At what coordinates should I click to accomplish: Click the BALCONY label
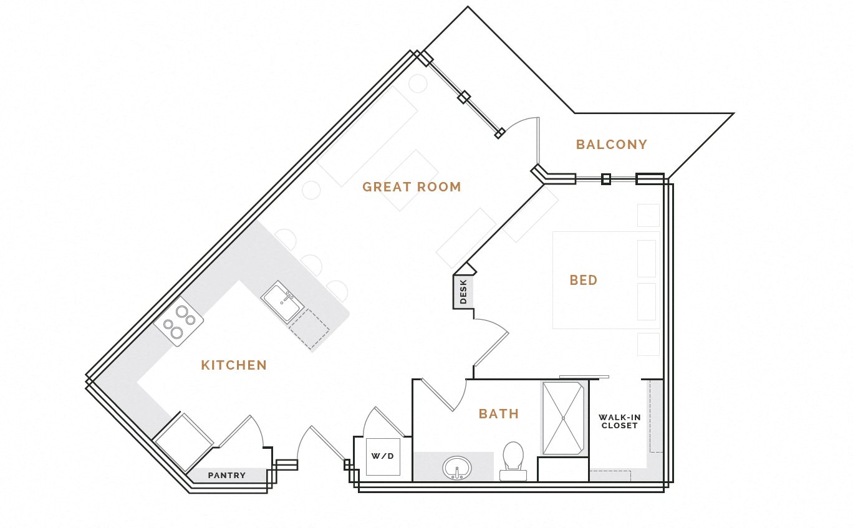[611, 145]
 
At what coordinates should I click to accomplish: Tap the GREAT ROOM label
[412, 187]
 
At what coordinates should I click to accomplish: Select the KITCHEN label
[234, 365]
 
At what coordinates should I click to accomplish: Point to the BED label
[583, 281]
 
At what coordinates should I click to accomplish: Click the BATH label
[498, 414]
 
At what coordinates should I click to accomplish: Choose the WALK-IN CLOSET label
[619, 421]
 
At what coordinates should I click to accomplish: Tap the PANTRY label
[226, 475]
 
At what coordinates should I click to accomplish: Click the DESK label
[463, 292]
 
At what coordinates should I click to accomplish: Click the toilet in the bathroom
[513, 461]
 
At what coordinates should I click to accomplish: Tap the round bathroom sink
[457, 468]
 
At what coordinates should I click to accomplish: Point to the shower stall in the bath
[564, 418]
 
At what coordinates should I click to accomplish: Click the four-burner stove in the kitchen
[178, 322]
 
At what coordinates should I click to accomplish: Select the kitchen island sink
[282, 302]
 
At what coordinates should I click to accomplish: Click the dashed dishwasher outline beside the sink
[309, 329]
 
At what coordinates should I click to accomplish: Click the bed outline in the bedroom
[605, 281]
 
